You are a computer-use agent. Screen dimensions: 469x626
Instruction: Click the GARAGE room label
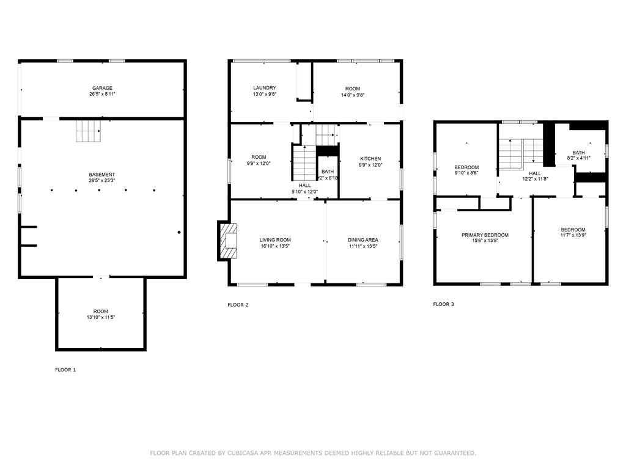coord(102,88)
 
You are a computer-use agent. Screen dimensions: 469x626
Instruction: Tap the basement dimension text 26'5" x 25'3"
coord(102,181)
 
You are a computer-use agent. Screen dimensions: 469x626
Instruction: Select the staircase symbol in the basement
coord(87,131)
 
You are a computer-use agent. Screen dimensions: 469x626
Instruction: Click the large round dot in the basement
coord(179,232)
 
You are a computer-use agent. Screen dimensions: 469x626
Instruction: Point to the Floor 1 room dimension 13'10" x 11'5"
coord(101,318)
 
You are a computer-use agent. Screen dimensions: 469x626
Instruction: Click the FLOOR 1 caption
coord(65,369)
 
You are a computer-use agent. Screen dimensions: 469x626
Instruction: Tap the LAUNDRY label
coord(265,88)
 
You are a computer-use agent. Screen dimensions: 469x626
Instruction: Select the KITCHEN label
coord(370,159)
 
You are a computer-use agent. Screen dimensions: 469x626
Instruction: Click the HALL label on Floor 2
coord(304,185)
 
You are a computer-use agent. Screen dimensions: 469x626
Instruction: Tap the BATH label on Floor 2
coord(328,172)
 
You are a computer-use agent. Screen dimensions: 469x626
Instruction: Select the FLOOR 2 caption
coord(238,305)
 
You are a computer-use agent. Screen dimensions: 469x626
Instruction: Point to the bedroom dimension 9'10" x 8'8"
coord(466,173)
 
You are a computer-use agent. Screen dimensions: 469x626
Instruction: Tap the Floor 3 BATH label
coord(578,153)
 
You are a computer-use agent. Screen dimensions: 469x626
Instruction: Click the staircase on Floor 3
coord(512,153)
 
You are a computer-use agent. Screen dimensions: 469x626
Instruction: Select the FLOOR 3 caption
coord(443,304)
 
